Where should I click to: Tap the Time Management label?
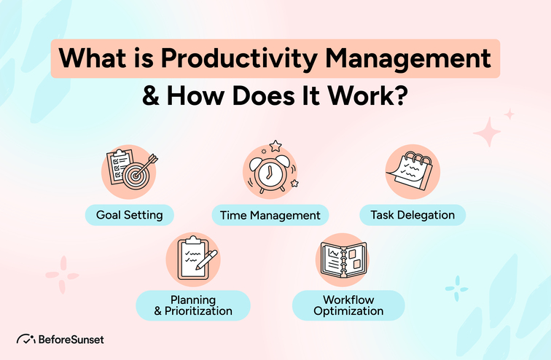[x=270, y=215]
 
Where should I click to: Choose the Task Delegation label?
[x=412, y=214]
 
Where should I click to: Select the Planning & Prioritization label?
[x=193, y=305]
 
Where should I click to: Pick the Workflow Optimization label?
[x=348, y=305]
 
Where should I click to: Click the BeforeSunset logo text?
[x=71, y=339]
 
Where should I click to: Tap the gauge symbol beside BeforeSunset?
[x=26, y=339]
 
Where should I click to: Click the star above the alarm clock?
[x=275, y=146]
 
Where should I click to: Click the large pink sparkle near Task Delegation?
[x=487, y=133]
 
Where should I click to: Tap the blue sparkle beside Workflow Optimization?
[x=456, y=289]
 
